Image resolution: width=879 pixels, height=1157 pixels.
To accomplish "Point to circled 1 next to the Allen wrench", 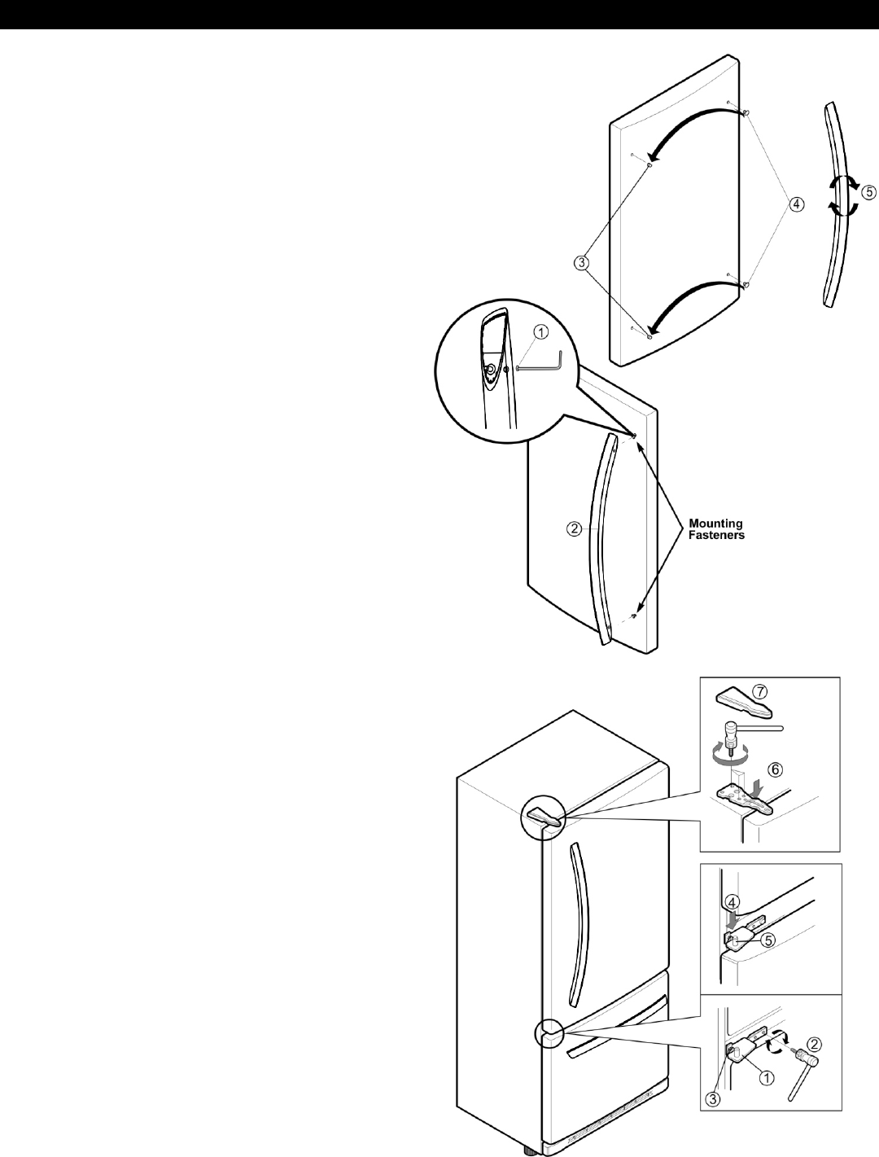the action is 541,331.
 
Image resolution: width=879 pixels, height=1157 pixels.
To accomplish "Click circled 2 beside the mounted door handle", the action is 574,528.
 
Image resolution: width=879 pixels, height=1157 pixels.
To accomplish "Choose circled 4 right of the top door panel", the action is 795,203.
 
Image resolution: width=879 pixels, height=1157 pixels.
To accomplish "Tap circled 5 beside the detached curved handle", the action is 869,193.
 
